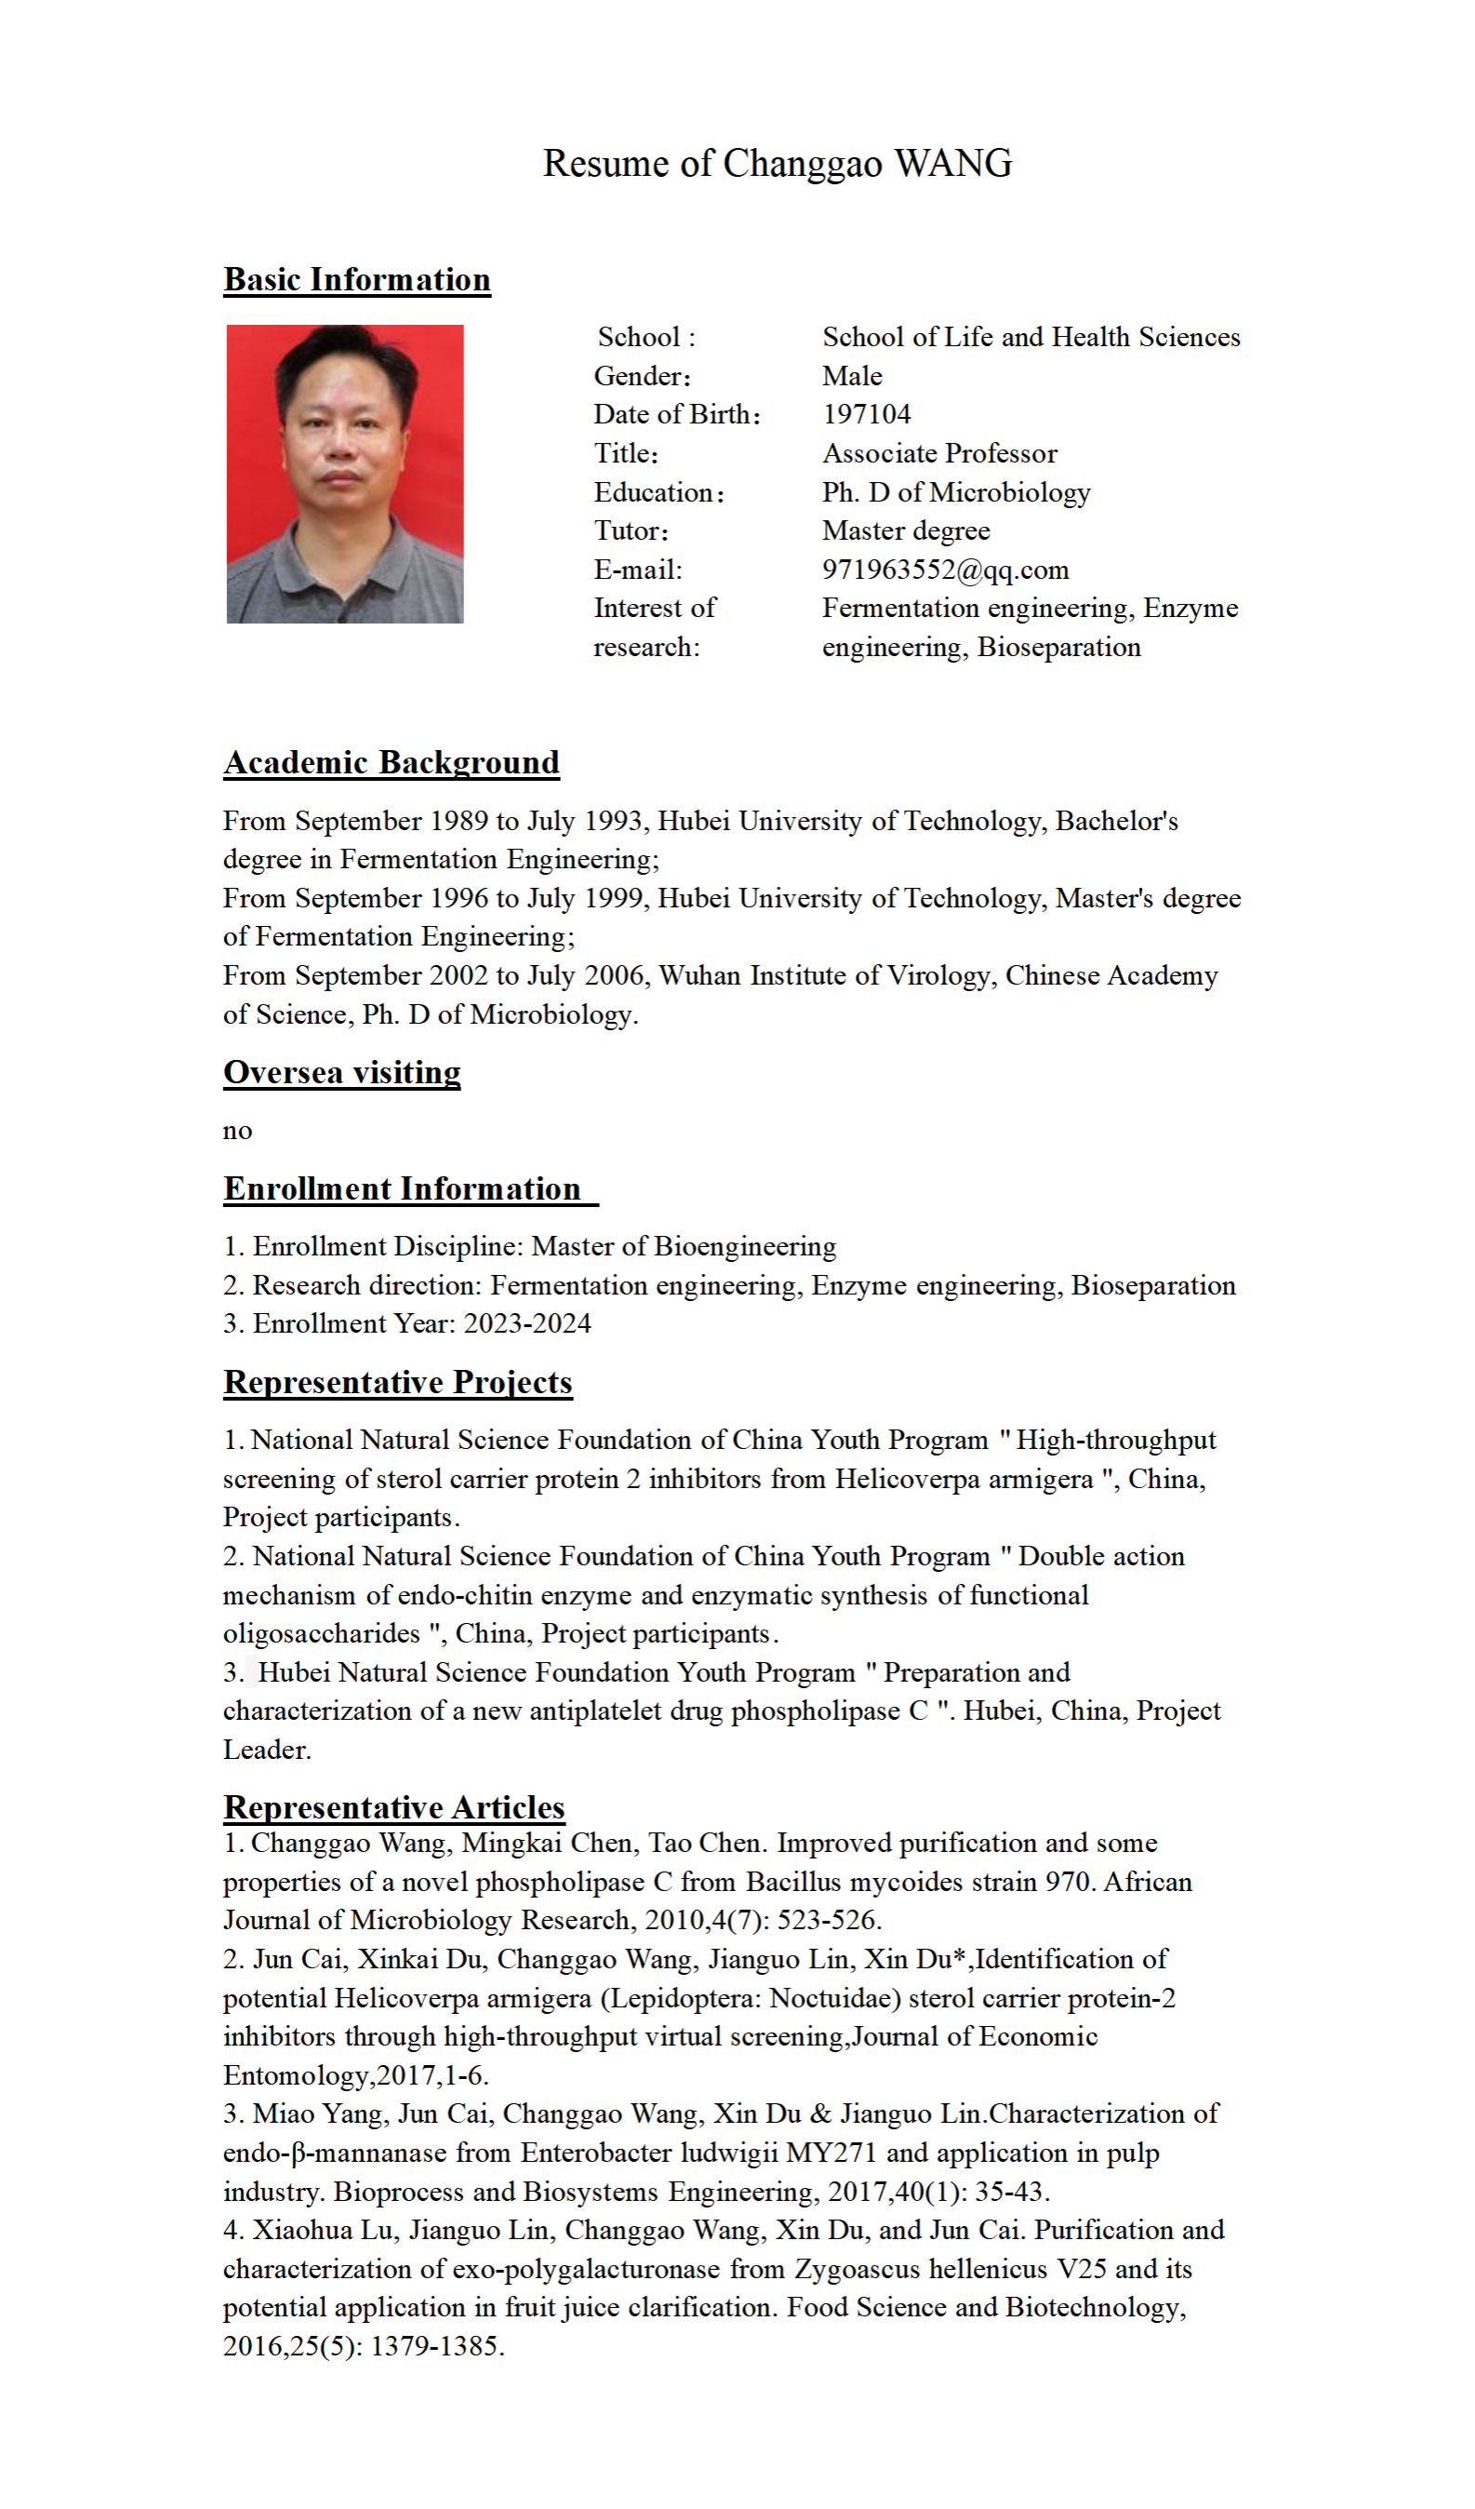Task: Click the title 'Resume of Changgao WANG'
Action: click(x=777, y=163)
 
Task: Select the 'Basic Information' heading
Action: click(x=356, y=280)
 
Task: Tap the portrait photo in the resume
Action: click(x=344, y=474)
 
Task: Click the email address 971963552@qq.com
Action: click(x=945, y=570)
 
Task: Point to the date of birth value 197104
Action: click(x=866, y=414)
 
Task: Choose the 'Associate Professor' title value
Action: click(x=938, y=453)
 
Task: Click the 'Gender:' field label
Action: click(x=642, y=376)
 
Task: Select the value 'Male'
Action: click(x=852, y=376)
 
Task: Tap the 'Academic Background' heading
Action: click(x=392, y=762)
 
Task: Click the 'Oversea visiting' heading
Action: click(x=341, y=1072)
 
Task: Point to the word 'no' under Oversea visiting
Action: click(x=237, y=1131)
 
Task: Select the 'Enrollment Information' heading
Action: click(x=402, y=1188)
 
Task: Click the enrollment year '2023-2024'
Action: click(x=526, y=1324)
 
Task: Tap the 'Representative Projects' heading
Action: click(x=397, y=1382)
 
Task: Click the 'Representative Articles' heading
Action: click(x=394, y=1807)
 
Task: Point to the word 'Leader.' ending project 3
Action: click(x=267, y=1751)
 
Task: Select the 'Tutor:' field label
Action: click(x=631, y=530)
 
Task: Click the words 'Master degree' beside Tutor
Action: click(x=906, y=530)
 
